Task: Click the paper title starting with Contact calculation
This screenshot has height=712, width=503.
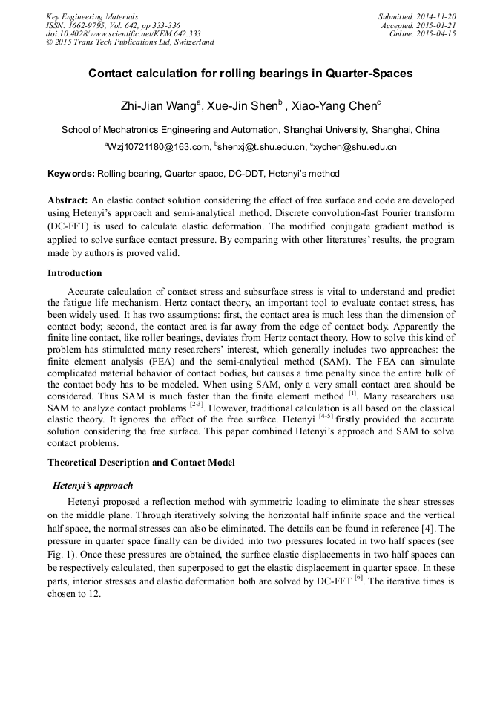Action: (251, 74)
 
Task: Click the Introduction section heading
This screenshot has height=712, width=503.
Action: (75, 272)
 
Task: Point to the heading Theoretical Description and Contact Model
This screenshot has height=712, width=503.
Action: (141, 463)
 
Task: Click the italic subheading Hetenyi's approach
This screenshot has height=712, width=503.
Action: (93, 486)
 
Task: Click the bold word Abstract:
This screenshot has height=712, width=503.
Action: (68, 200)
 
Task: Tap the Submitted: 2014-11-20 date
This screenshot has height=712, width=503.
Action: (417, 16)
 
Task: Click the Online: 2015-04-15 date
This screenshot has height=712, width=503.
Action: (422, 33)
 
